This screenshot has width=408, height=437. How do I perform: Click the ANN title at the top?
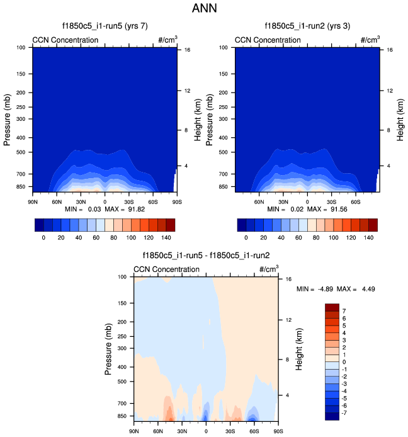point(203,9)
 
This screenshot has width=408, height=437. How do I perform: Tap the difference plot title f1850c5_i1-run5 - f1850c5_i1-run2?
point(206,256)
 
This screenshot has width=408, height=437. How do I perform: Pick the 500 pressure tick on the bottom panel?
point(122,382)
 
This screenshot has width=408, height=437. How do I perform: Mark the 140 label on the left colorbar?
point(166,239)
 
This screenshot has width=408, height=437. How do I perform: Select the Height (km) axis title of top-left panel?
point(199,120)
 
